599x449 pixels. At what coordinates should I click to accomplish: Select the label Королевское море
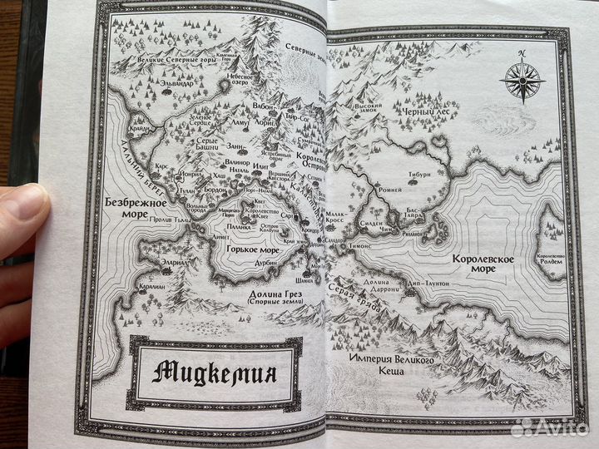tap(483, 265)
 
